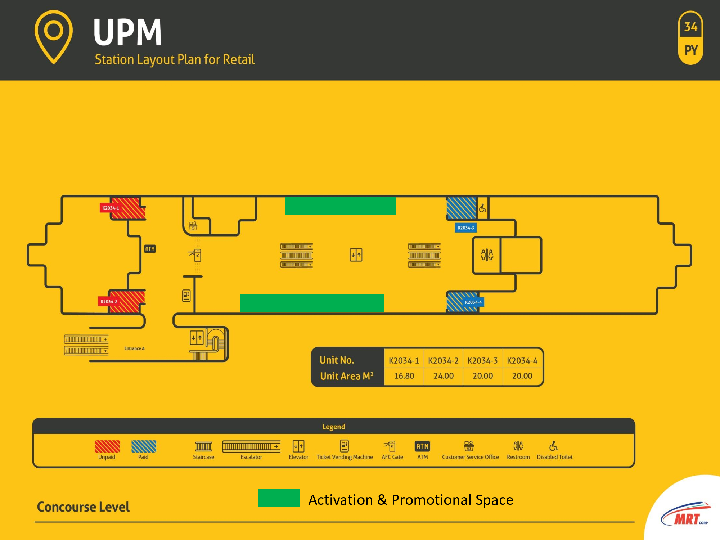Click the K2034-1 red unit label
tap(110, 208)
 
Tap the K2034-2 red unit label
tap(108, 302)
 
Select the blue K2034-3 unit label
tap(466, 228)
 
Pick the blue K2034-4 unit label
tap(473, 302)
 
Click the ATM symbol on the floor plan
tap(150, 249)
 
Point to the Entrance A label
tap(134, 348)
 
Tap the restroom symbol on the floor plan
tap(487, 255)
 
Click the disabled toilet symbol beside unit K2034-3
tap(482, 208)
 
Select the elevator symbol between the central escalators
tap(356, 255)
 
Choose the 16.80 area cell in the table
tap(404, 376)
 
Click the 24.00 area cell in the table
tap(443, 376)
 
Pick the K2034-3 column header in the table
tap(482, 361)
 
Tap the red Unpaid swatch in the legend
tap(107, 446)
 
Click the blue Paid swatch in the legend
tap(144, 446)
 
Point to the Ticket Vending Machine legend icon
tap(345, 446)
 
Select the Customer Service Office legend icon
tap(469, 446)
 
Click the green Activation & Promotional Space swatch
tap(279, 498)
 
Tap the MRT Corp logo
tap(686, 515)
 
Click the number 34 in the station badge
tap(690, 27)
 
